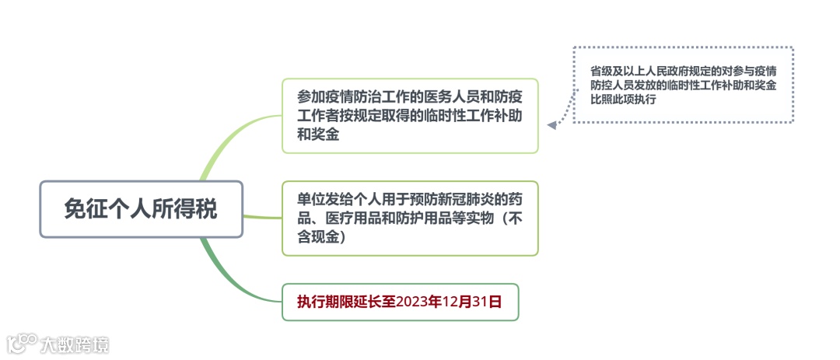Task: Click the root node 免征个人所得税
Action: click(x=142, y=209)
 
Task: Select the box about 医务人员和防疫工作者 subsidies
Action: click(x=410, y=116)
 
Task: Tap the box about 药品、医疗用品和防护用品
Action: click(x=410, y=218)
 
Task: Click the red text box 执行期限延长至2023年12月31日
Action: click(x=400, y=302)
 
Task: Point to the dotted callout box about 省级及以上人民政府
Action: click(x=683, y=85)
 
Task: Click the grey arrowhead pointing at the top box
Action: click(x=551, y=124)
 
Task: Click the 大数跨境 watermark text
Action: click(x=75, y=344)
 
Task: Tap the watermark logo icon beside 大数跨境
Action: click(x=23, y=343)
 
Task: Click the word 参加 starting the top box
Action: click(x=308, y=97)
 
